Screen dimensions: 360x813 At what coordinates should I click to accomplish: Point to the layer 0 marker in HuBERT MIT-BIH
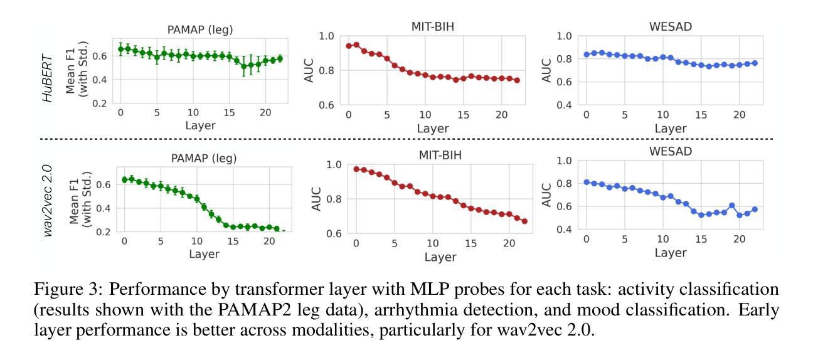tap(349, 46)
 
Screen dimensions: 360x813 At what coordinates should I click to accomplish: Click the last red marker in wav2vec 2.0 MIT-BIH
tap(524, 221)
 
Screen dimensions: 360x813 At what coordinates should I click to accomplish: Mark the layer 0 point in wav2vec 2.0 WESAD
tap(587, 182)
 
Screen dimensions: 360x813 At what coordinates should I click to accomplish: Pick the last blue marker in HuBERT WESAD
tap(755, 63)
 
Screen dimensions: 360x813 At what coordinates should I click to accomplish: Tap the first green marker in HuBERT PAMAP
tap(120, 49)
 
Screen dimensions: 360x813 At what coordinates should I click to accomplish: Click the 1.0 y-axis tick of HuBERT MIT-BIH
tap(327, 36)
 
